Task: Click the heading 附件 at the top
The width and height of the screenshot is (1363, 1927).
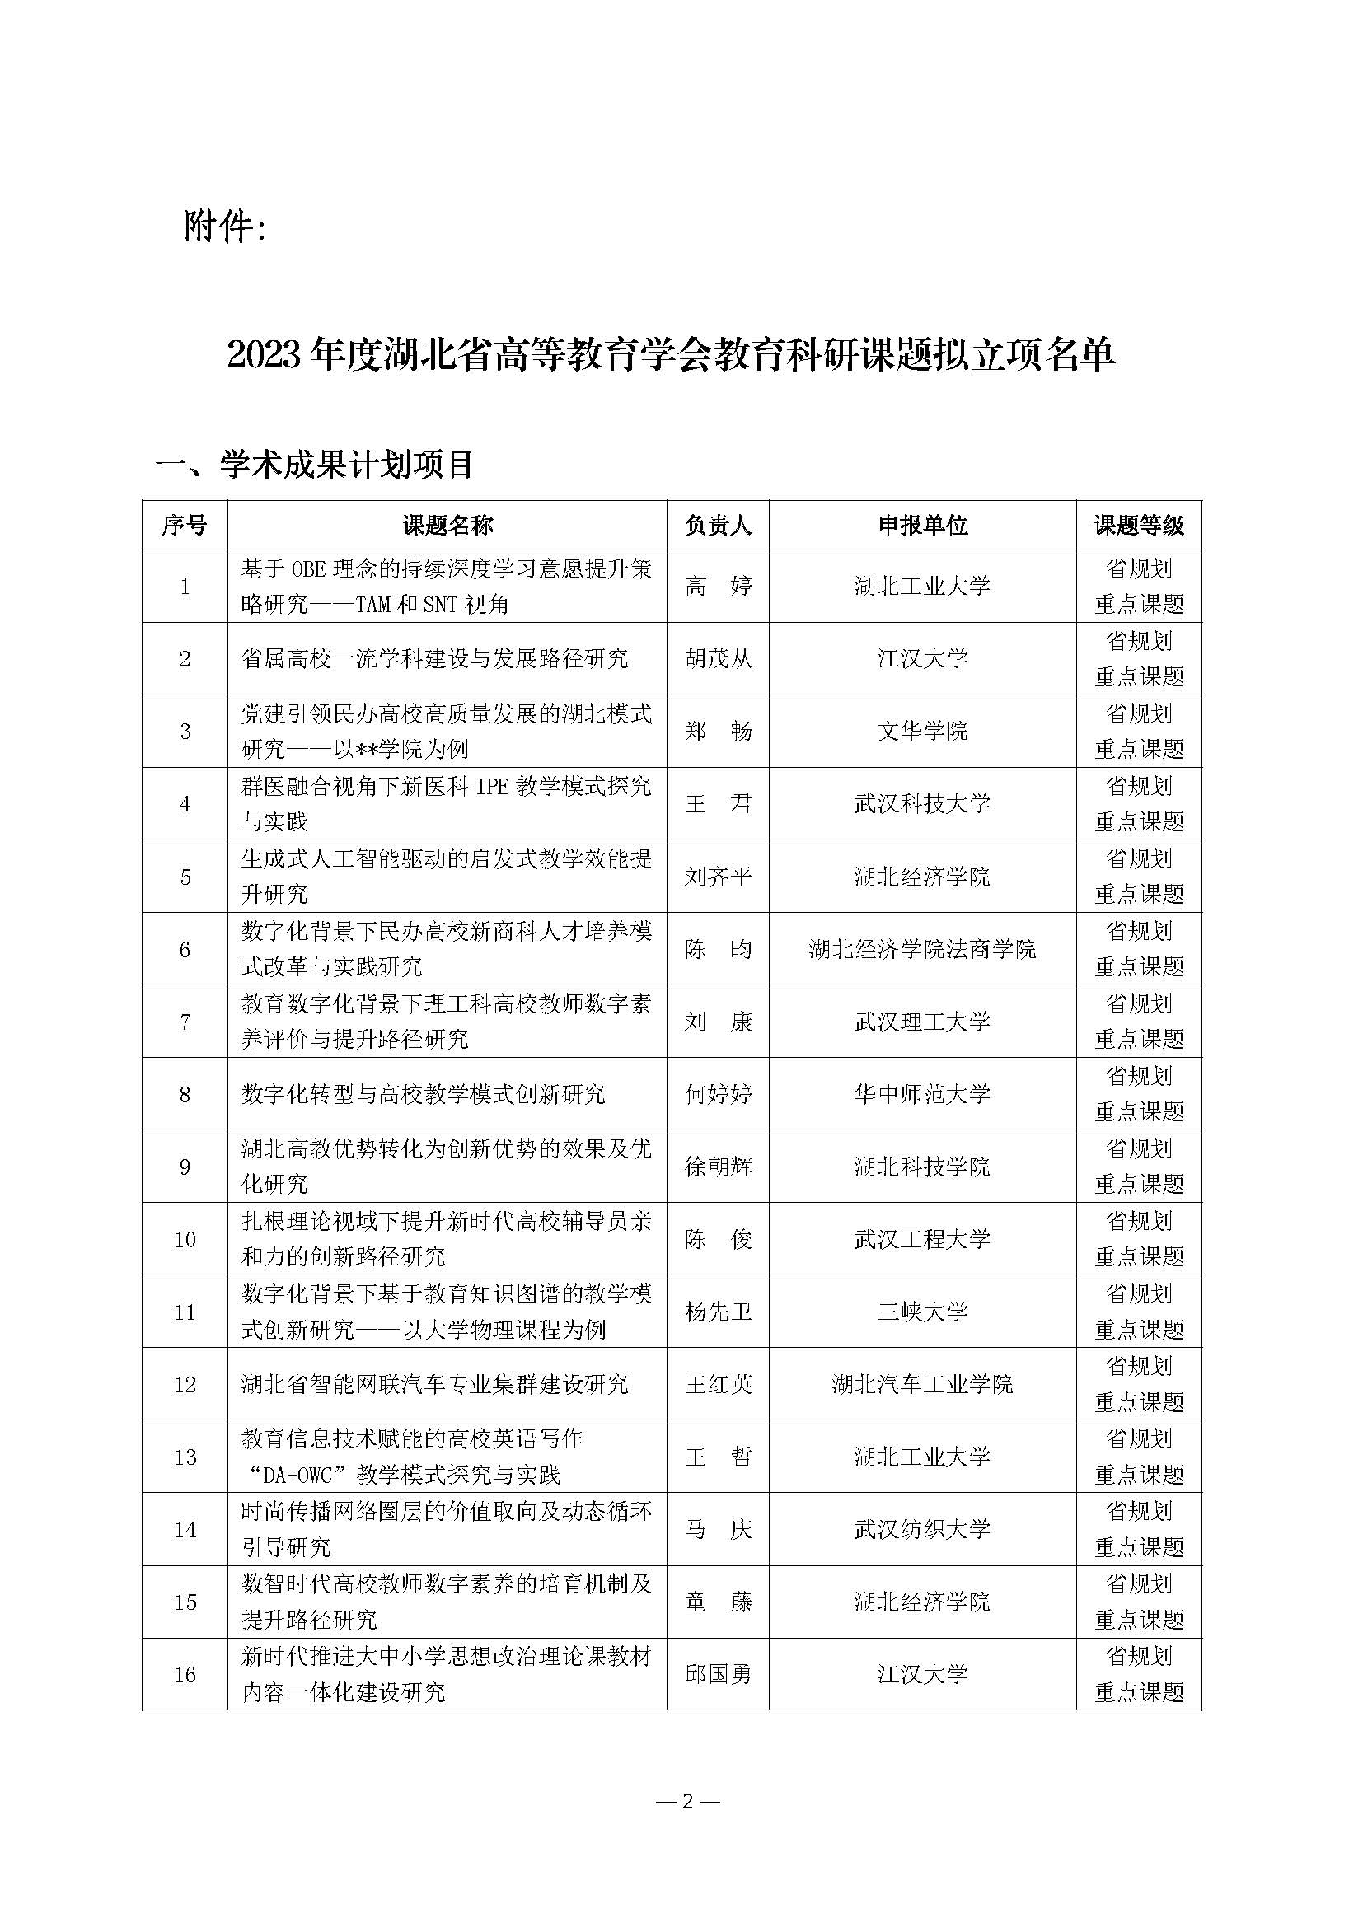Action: [224, 227]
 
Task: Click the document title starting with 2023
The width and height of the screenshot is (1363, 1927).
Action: [671, 354]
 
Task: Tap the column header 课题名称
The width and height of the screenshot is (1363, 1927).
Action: [447, 526]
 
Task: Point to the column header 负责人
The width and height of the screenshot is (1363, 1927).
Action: [718, 526]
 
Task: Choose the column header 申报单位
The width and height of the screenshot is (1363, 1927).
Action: [922, 526]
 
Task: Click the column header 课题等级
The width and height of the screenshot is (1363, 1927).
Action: [1138, 526]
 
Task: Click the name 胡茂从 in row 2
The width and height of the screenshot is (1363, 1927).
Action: [718, 659]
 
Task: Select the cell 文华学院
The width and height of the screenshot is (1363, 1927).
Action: [922, 731]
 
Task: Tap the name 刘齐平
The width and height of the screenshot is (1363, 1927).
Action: [718, 877]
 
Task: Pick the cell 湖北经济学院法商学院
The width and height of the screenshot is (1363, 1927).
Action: [922, 949]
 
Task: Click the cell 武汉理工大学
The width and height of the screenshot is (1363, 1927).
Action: [922, 1022]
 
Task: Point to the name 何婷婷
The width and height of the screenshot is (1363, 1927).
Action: [718, 1094]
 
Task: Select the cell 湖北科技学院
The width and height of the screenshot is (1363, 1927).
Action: [922, 1167]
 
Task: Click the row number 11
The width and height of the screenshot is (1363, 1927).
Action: [185, 1312]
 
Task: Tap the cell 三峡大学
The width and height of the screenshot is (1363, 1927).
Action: [922, 1312]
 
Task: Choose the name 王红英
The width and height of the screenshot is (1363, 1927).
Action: [718, 1385]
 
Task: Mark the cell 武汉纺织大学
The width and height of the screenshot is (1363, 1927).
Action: [922, 1529]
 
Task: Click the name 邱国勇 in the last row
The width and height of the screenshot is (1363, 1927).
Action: [718, 1674]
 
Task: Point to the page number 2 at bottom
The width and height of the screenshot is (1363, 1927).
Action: [687, 1801]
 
